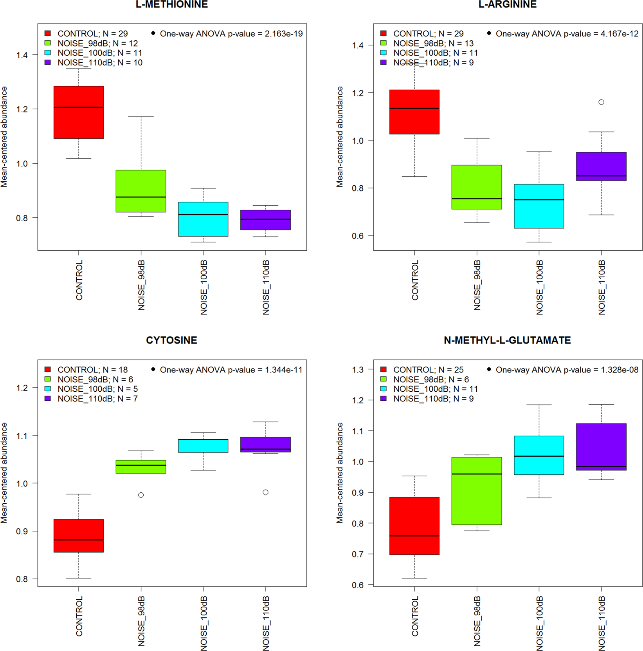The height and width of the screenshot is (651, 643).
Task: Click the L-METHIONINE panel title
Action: pos(171,5)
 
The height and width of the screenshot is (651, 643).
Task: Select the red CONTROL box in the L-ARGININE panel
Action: pos(414,112)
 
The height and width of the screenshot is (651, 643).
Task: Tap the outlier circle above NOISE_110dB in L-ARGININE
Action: pos(601,102)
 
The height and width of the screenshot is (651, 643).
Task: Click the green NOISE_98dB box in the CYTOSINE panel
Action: pos(141,467)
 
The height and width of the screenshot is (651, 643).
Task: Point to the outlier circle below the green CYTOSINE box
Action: pos(141,495)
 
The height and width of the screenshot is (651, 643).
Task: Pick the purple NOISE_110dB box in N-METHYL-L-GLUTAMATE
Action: pos(601,447)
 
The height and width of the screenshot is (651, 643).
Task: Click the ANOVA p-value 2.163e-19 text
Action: pos(231,34)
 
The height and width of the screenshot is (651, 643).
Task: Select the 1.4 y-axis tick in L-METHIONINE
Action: pos(22,55)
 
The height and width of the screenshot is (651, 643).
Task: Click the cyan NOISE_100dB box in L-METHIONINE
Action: pos(203,219)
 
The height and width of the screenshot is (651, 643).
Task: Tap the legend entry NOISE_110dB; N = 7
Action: pos(97,398)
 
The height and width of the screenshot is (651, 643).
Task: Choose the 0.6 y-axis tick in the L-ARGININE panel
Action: pos(358,236)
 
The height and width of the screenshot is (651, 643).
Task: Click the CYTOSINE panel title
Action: pos(171,340)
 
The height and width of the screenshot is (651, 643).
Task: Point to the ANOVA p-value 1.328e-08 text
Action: pos(567,370)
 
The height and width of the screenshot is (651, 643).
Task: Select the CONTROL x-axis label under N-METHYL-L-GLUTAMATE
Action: pos(415,616)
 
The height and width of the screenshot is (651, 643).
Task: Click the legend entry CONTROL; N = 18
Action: pos(92,370)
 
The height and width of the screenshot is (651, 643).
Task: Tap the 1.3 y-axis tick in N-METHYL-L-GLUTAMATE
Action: pos(358,370)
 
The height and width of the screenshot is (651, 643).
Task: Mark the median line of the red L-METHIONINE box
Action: pos(79,107)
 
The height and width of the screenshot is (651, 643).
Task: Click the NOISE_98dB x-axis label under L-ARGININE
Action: pos(477,285)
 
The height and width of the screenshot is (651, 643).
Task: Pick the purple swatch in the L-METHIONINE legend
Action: pos(48,62)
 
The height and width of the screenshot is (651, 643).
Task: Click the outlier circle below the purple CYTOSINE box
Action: pos(265,492)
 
